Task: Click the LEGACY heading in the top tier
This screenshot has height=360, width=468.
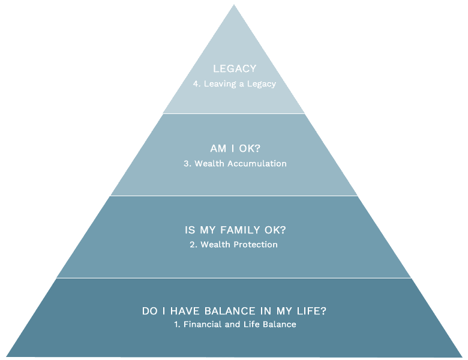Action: [234, 69]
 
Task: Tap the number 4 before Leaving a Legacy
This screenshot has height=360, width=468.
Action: [196, 84]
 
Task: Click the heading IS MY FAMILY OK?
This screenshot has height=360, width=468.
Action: [234, 230]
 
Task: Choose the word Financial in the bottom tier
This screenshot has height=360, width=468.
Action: [202, 325]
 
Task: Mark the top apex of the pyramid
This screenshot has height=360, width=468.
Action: [234, 5]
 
